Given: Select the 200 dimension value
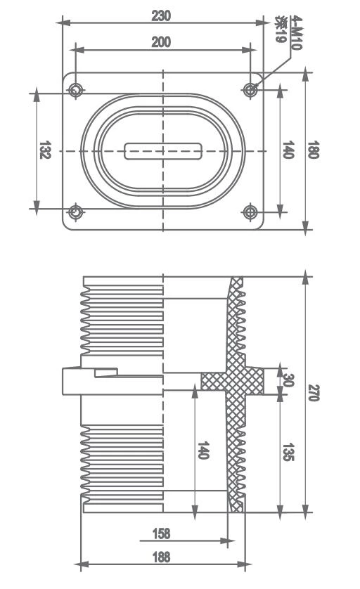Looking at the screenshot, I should click(x=161, y=42).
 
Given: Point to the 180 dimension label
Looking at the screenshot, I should click(x=314, y=150).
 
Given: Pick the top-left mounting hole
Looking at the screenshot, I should click(x=75, y=90).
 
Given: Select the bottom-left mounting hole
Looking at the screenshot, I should click(x=75, y=211).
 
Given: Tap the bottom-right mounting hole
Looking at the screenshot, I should click(x=251, y=211).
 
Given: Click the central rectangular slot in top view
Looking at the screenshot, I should click(x=163, y=151).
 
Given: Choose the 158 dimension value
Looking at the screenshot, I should click(x=161, y=534).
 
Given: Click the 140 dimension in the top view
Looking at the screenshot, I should click(x=287, y=150).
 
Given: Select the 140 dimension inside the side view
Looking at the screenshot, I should click(x=202, y=451).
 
